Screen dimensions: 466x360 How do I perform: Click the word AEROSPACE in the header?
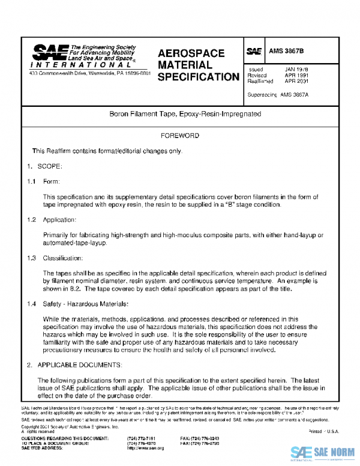[x=191, y=53]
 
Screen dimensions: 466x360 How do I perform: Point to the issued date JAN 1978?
[x=296, y=69]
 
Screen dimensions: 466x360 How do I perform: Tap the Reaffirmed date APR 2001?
[x=296, y=81]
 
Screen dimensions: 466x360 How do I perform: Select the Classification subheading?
[x=63, y=258]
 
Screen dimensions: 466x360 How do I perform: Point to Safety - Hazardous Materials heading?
[x=86, y=304]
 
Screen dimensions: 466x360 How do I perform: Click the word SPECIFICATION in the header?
[x=199, y=77]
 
